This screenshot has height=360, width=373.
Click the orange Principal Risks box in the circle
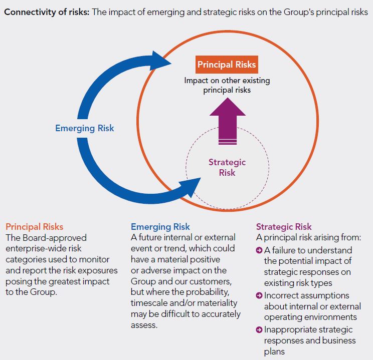coord(227,65)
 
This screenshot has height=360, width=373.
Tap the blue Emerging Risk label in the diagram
coord(85,128)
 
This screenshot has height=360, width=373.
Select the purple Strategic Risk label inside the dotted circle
coord(227,167)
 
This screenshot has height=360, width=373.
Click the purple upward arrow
coord(227,121)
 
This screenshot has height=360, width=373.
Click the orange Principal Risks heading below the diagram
coord(35,227)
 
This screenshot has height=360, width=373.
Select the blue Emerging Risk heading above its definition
coord(160,227)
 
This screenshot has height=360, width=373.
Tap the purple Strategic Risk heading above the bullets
coord(284,227)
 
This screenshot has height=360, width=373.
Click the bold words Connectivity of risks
coord(46,12)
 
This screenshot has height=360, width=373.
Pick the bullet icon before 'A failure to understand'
coord(259,250)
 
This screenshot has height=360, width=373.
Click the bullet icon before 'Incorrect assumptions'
coord(259,295)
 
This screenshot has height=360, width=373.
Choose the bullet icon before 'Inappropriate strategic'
coord(259,329)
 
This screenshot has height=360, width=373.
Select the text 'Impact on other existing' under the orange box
coord(227,80)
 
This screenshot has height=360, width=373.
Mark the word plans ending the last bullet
coord(275,351)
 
